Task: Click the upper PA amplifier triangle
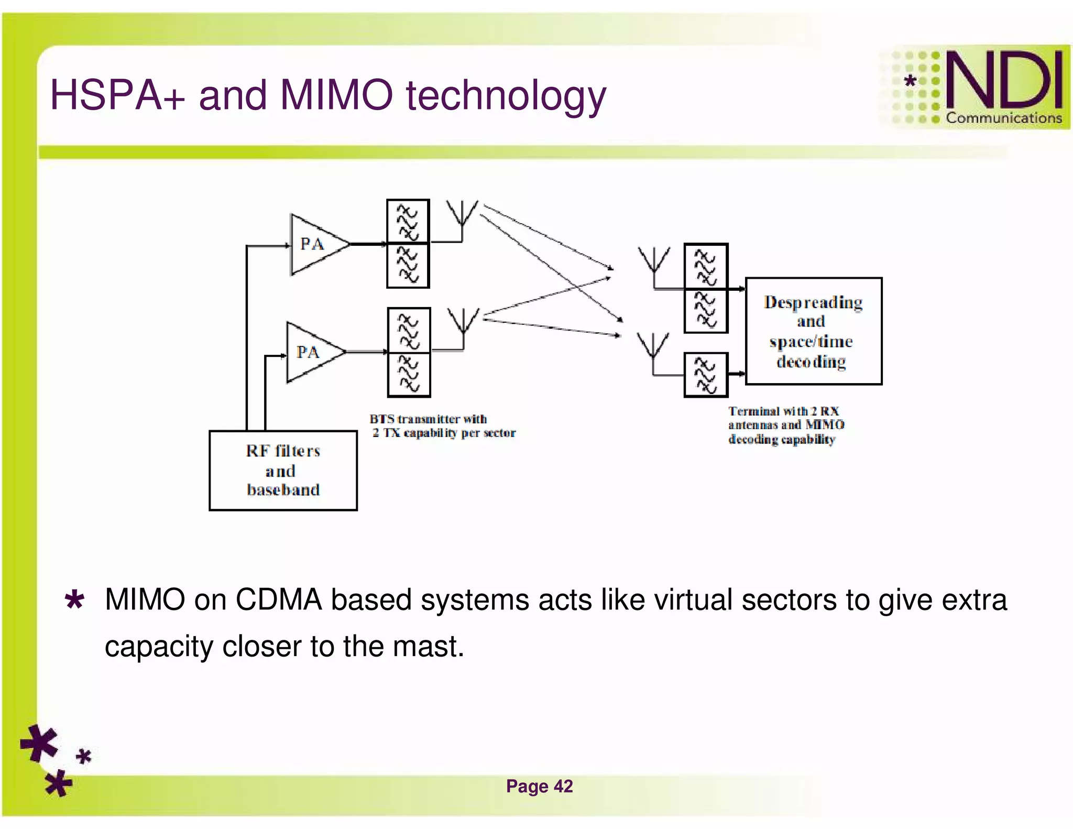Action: coord(314,244)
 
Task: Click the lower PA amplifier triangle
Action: coord(311,352)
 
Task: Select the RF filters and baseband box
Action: coord(283,470)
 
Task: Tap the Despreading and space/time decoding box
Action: coord(813,331)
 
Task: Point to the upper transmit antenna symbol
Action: coord(462,215)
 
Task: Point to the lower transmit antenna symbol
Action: coord(463,322)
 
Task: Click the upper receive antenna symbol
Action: coord(653,261)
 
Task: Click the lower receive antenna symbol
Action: coord(653,347)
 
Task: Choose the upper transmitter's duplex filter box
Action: coord(408,244)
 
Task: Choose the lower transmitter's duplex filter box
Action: coord(409,352)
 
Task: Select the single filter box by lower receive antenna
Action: coord(706,375)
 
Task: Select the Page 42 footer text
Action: coord(539,786)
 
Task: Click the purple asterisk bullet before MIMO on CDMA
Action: coord(74,600)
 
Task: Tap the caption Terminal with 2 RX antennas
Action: coord(786,425)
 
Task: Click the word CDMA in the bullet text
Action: coord(278,600)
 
